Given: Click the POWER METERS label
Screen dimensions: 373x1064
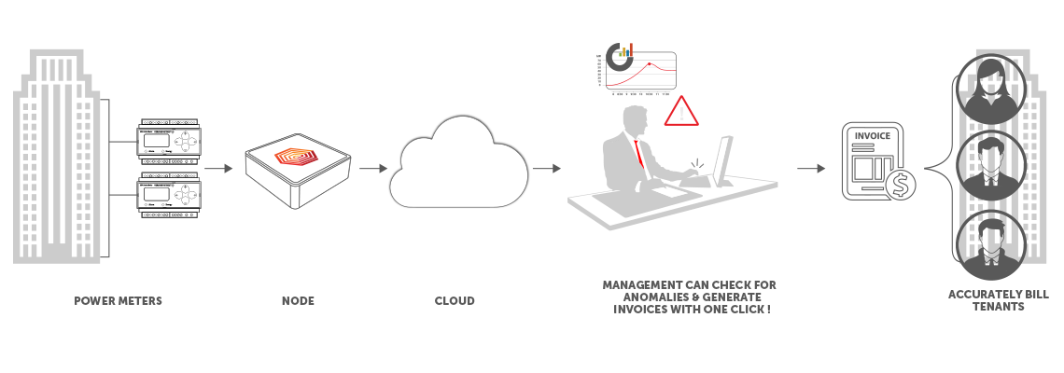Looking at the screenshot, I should click(118, 301).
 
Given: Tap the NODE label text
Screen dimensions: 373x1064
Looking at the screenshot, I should click(298, 301).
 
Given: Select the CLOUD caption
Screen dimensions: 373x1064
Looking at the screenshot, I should click(455, 301).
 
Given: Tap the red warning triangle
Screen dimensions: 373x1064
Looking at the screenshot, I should click(681, 111).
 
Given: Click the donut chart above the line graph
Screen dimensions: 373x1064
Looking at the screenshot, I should click(619, 55).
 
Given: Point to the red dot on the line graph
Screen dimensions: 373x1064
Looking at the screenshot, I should click(651, 64).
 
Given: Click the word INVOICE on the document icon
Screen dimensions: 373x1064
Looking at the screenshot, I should click(873, 137).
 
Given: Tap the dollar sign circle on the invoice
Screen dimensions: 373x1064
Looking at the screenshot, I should click(901, 186).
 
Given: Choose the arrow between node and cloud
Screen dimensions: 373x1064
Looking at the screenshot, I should click(372, 169).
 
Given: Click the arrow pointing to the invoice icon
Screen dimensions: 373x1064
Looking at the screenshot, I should click(812, 169).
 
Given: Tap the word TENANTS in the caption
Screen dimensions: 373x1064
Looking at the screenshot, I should click(998, 307).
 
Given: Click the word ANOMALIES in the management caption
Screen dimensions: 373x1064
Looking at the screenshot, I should click(636, 297).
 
